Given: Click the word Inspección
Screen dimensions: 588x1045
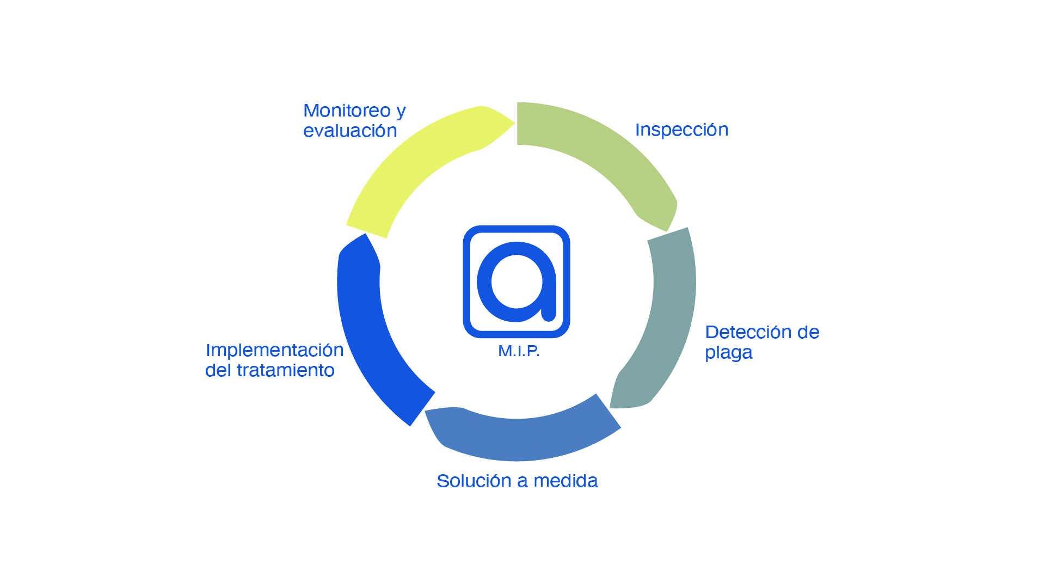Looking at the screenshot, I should point(681,130).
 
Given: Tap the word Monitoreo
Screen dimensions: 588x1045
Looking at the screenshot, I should point(347,111).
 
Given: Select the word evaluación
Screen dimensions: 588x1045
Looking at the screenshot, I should point(350,131).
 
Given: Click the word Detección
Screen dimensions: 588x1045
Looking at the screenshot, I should point(748,332).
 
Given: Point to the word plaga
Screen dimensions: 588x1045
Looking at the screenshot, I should point(728,353).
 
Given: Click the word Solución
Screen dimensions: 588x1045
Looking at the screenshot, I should point(474,481).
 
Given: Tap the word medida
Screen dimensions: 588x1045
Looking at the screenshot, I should point(565,481).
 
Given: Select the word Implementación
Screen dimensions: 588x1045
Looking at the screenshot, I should point(274,350).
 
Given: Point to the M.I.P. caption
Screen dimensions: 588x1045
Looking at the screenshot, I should point(519,351).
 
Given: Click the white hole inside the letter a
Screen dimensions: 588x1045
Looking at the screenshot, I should point(517,281).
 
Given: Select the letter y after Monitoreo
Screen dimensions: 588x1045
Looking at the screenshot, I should point(401,112).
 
